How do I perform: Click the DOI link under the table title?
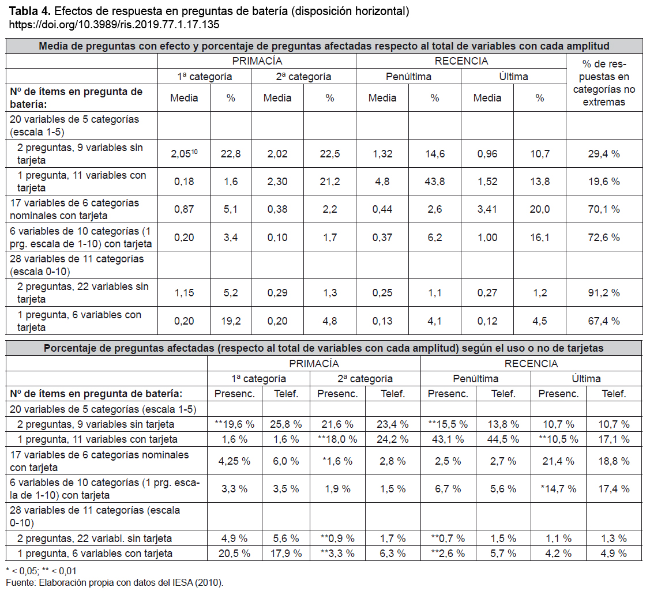click(x=114, y=25)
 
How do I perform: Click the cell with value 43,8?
click(x=434, y=182)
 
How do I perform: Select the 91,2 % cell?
click(x=603, y=293)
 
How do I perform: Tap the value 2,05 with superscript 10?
click(x=184, y=154)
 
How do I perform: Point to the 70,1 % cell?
click(x=603, y=209)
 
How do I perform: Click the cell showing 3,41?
click(x=487, y=209)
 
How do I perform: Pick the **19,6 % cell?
click(x=234, y=424)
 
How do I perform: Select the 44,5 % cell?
click(x=504, y=439)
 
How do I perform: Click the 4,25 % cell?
click(x=234, y=461)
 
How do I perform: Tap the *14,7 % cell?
click(x=558, y=489)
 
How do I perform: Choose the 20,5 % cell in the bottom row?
click(x=234, y=553)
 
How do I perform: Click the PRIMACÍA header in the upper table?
click(x=257, y=61)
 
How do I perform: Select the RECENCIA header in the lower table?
click(x=531, y=364)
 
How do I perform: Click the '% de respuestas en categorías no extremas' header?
click(x=603, y=83)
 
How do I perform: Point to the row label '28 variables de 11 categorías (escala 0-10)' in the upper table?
click(x=77, y=265)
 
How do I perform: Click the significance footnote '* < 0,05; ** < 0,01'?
click(x=41, y=571)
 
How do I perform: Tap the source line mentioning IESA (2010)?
click(x=114, y=582)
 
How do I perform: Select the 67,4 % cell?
click(x=603, y=321)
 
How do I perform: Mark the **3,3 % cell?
click(x=337, y=553)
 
